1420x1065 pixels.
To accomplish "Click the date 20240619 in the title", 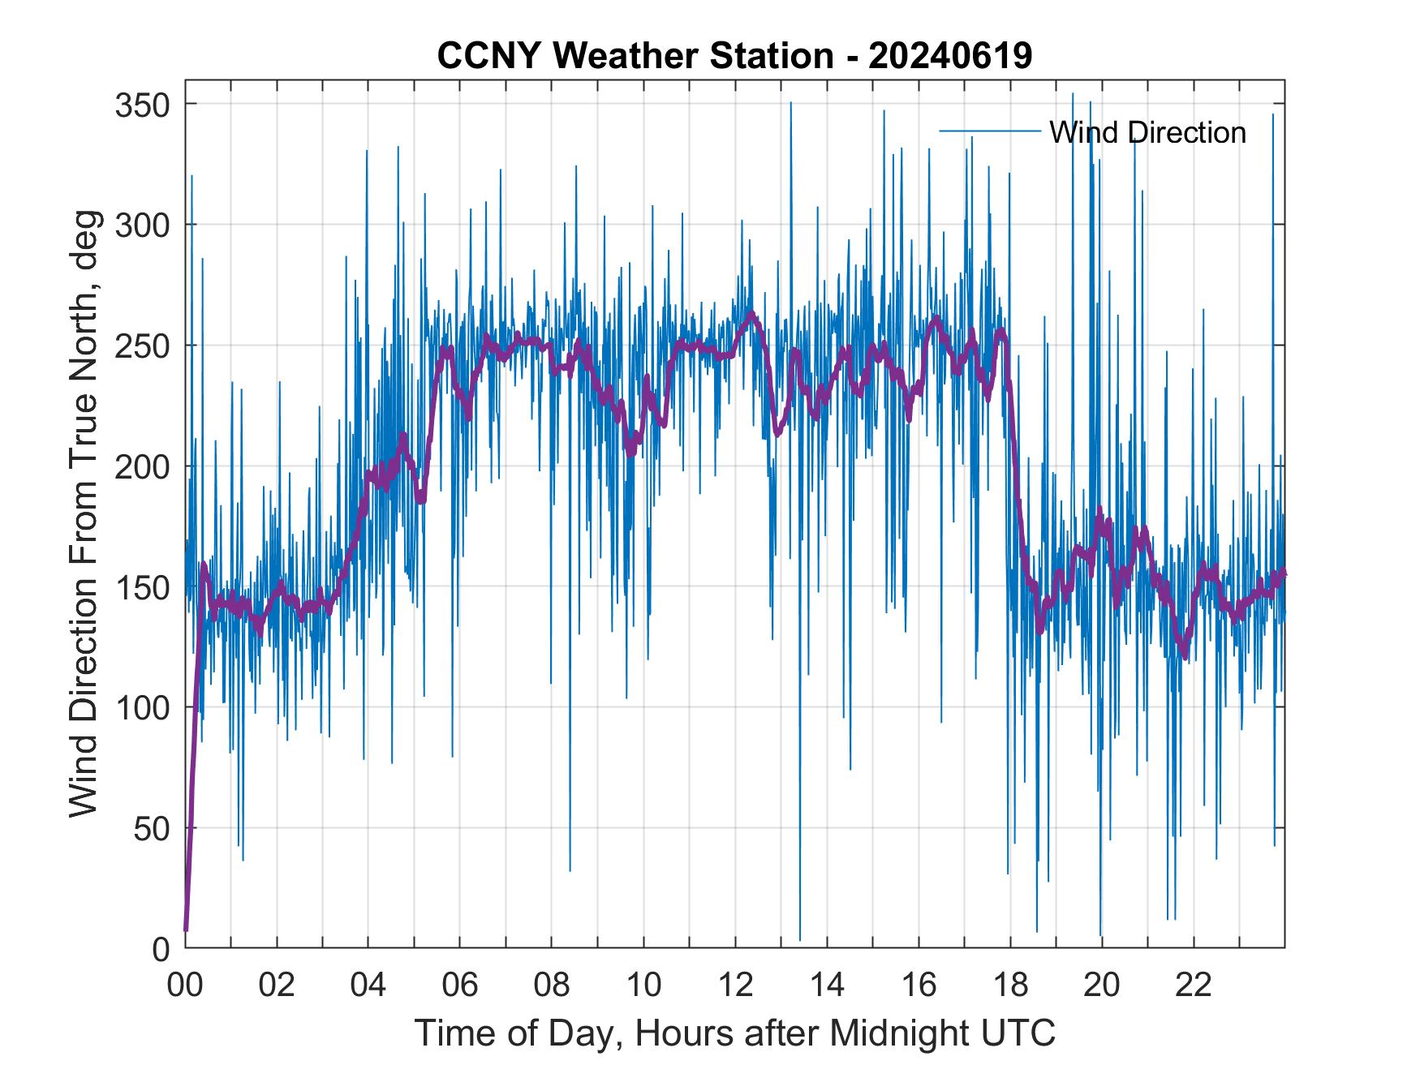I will (950, 57).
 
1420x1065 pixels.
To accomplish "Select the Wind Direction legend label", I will (1147, 132).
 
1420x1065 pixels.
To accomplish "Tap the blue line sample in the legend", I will (989, 131).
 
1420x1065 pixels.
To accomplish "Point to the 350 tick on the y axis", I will (142, 105).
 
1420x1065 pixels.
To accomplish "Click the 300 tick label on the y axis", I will (142, 225).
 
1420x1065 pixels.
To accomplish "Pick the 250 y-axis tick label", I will (142, 346).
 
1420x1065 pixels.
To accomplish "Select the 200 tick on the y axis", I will (142, 466).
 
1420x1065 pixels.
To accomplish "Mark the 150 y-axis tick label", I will (142, 587).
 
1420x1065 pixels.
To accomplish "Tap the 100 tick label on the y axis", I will (142, 708).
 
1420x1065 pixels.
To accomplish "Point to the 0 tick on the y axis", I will (161, 949).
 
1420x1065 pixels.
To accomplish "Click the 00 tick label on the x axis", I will (185, 986).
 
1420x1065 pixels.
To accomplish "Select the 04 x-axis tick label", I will (368, 986).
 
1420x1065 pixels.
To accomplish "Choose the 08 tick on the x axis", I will (552, 986).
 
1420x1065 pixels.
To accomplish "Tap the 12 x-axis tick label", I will (735, 986).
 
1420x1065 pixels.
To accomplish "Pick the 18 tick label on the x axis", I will (1010, 986).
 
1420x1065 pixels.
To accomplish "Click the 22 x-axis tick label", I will (1194, 986).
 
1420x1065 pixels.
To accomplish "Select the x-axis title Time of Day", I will (735, 1033).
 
